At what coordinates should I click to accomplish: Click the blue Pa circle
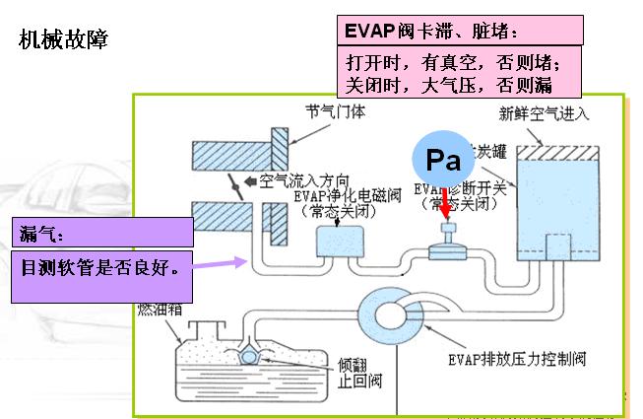click(442, 157)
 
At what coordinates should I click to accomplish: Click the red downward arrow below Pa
click(444, 205)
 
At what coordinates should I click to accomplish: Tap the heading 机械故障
click(64, 40)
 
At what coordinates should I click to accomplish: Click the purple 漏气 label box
click(102, 233)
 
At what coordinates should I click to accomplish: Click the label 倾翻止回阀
click(353, 372)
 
